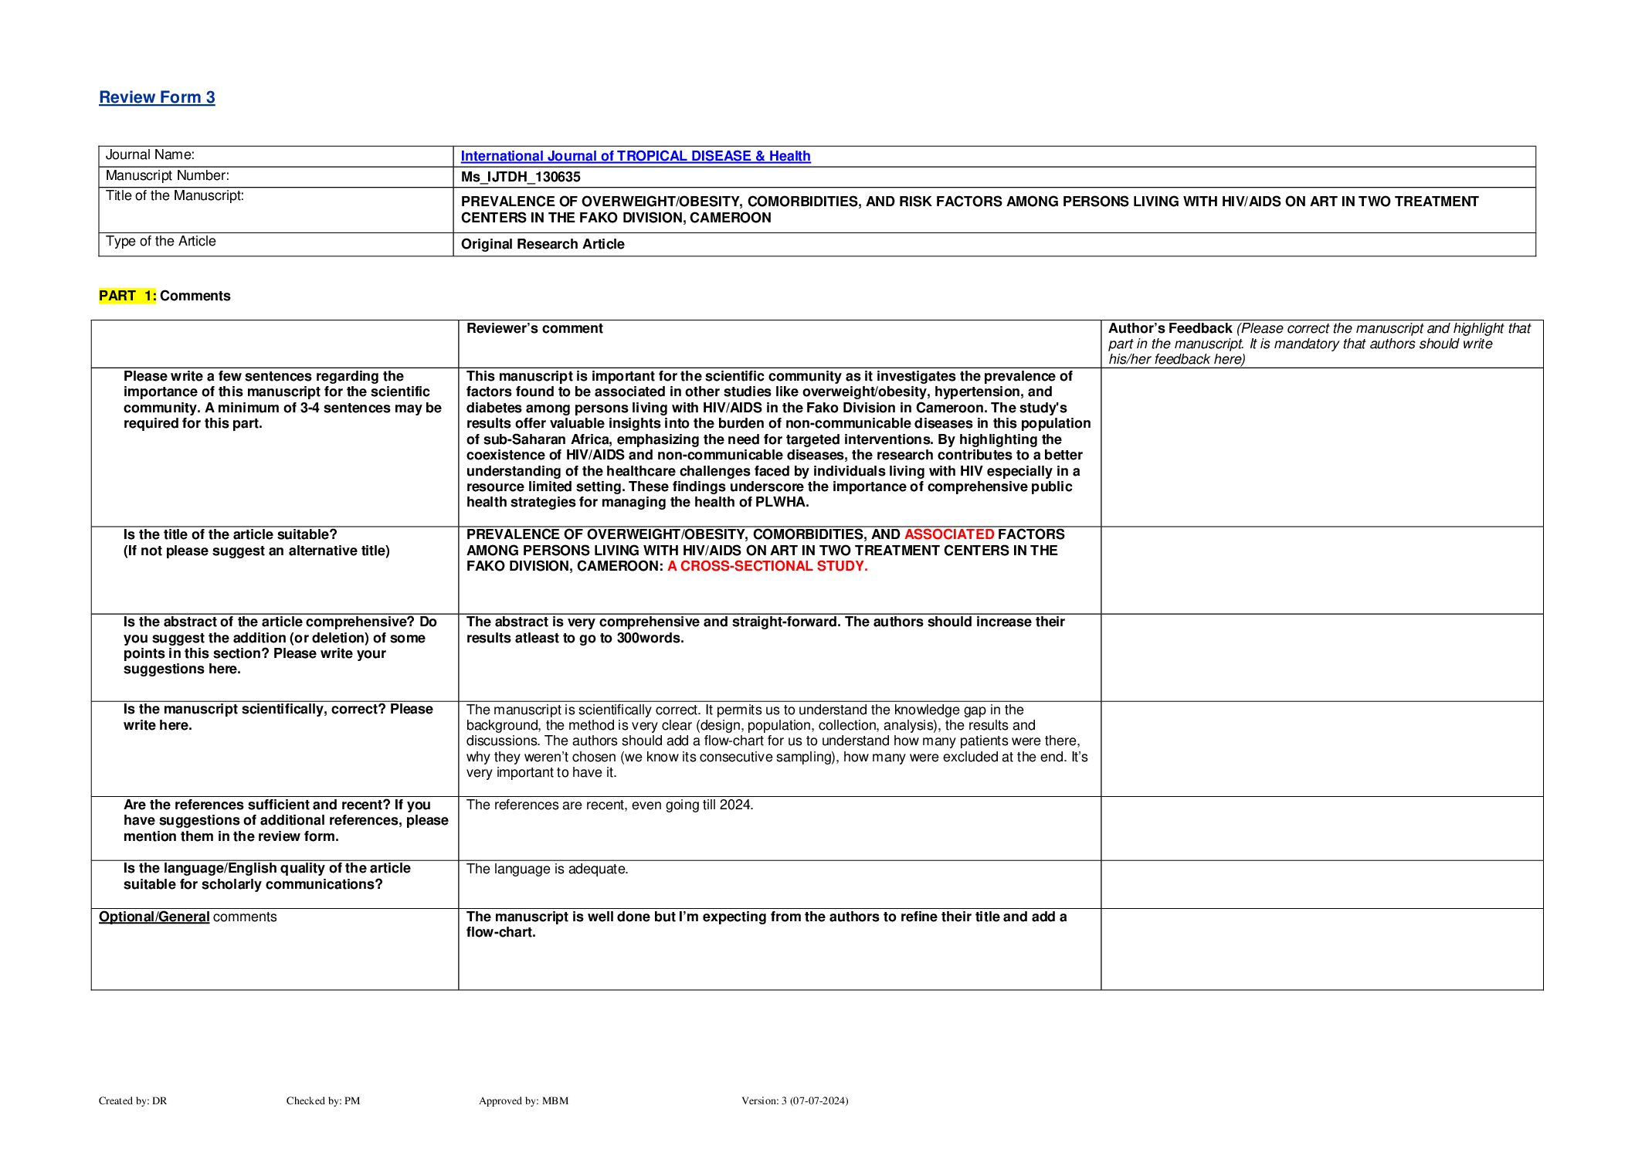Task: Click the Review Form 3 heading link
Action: click(x=157, y=97)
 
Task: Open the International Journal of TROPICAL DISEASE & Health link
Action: click(x=635, y=156)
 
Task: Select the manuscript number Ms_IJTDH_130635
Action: click(x=521, y=177)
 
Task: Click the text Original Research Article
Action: click(x=542, y=244)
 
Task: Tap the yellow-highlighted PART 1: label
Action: click(x=127, y=296)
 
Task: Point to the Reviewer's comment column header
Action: click(x=534, y=328)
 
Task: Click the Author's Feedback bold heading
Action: click(x=1169, y=328)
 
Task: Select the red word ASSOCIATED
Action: click(x=949, y=534)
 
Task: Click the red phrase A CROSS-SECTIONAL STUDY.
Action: click(x=767, y=566)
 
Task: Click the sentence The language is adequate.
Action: click(x=547, y=869)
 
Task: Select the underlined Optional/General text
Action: click(x=154, y=917)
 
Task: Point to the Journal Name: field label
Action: click(x=150, y=154)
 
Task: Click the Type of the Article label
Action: click(x=161, y=241)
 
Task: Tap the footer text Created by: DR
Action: click(x=133, y=1100)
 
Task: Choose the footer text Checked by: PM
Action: click(x=323, y=1100)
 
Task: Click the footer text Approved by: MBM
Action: click(x=523, y=1100)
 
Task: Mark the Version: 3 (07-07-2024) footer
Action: click(x=794, y=1100)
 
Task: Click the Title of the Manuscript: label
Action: click(x=175, y=195)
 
